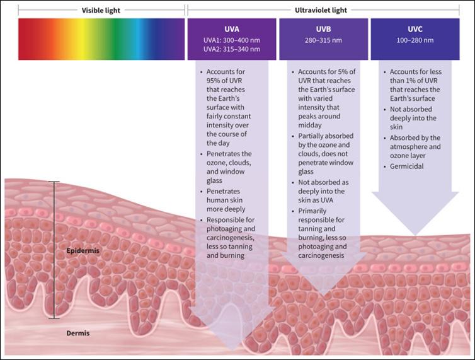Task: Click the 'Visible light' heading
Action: pyautogui.click(x=101, y=10)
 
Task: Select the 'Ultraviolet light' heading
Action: pyautogui.click(x=330, y=10)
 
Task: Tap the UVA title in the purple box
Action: pyautogui.click(x=232, y=29)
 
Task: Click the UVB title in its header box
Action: pyautogui.click(x=323, y=29)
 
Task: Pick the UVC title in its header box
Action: pyautogui.click(x=416, y=29)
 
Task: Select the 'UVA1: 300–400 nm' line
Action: pyautogui.click(x=232, y=40)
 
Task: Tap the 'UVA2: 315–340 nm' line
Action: pyautogui.click(x=232, y=49)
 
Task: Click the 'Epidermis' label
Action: pyautogui.click(x=83, y=251)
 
